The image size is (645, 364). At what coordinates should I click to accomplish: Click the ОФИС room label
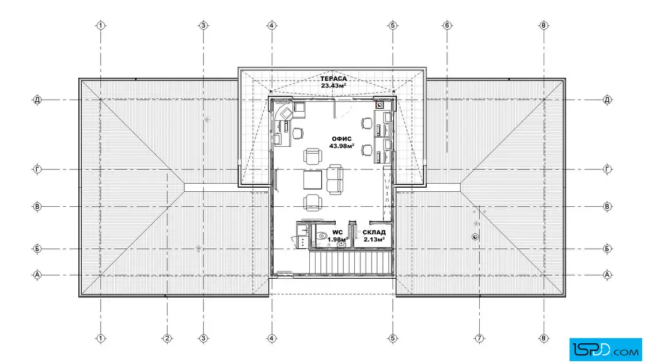(342, 139)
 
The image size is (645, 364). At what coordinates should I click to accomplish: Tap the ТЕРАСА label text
(333, 78)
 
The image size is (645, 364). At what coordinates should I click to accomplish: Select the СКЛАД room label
(374, 232)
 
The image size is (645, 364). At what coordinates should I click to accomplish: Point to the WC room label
(337, 232)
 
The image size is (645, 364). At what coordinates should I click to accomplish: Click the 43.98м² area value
(342, 146)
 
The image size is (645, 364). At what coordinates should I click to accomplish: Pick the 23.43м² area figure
(333, 86)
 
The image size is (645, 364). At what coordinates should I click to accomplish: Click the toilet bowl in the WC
(322, 236)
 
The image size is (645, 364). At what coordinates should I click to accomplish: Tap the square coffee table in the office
(313, 180)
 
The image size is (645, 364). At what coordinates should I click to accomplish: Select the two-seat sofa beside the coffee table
(335, 179)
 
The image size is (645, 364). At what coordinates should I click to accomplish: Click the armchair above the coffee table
(313, 156)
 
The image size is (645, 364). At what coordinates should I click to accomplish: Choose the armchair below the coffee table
(313, 202)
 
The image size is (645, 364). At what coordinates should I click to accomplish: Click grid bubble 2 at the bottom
(167, 339)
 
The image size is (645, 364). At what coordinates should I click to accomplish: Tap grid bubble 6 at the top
(447, 25)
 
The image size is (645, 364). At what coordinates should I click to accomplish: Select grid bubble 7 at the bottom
(479, 339)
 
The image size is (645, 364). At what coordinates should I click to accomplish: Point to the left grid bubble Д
(37, 100)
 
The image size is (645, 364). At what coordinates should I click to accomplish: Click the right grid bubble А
(607, 275)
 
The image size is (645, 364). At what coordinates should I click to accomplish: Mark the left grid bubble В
(37, 206)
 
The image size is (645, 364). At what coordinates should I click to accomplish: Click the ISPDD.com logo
(605, 350)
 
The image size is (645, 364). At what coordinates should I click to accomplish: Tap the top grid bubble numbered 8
(544, 25)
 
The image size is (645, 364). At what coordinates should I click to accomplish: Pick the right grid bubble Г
(607, 169)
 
